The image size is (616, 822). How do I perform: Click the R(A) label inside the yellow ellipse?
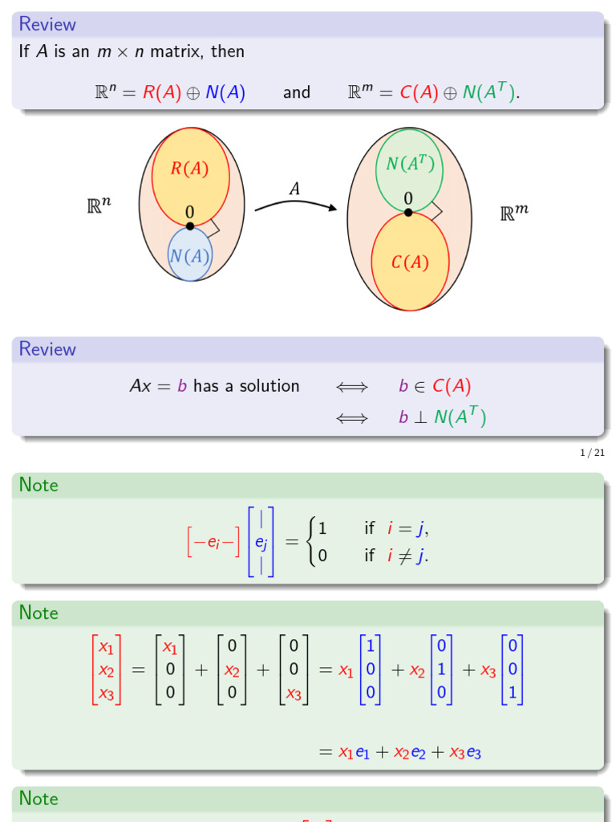(189, 169)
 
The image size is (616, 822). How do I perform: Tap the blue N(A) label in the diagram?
(190, 256)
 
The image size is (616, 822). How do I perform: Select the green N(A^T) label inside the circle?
(410, 164)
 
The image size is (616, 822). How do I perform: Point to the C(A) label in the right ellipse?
(410, 262)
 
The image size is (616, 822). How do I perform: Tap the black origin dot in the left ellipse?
(190, 226)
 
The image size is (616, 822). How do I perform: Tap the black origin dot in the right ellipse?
(408, 213)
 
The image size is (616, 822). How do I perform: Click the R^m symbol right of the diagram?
(514, 213)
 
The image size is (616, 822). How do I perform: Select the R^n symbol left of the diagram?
(99, 205)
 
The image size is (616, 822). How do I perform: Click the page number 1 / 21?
(592, 454)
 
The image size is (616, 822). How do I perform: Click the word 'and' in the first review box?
(297, 92)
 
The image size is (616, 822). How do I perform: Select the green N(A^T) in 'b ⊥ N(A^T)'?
(462, 417)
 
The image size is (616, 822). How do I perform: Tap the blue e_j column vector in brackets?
(261, 542)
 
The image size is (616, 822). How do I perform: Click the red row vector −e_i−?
(213, 543)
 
